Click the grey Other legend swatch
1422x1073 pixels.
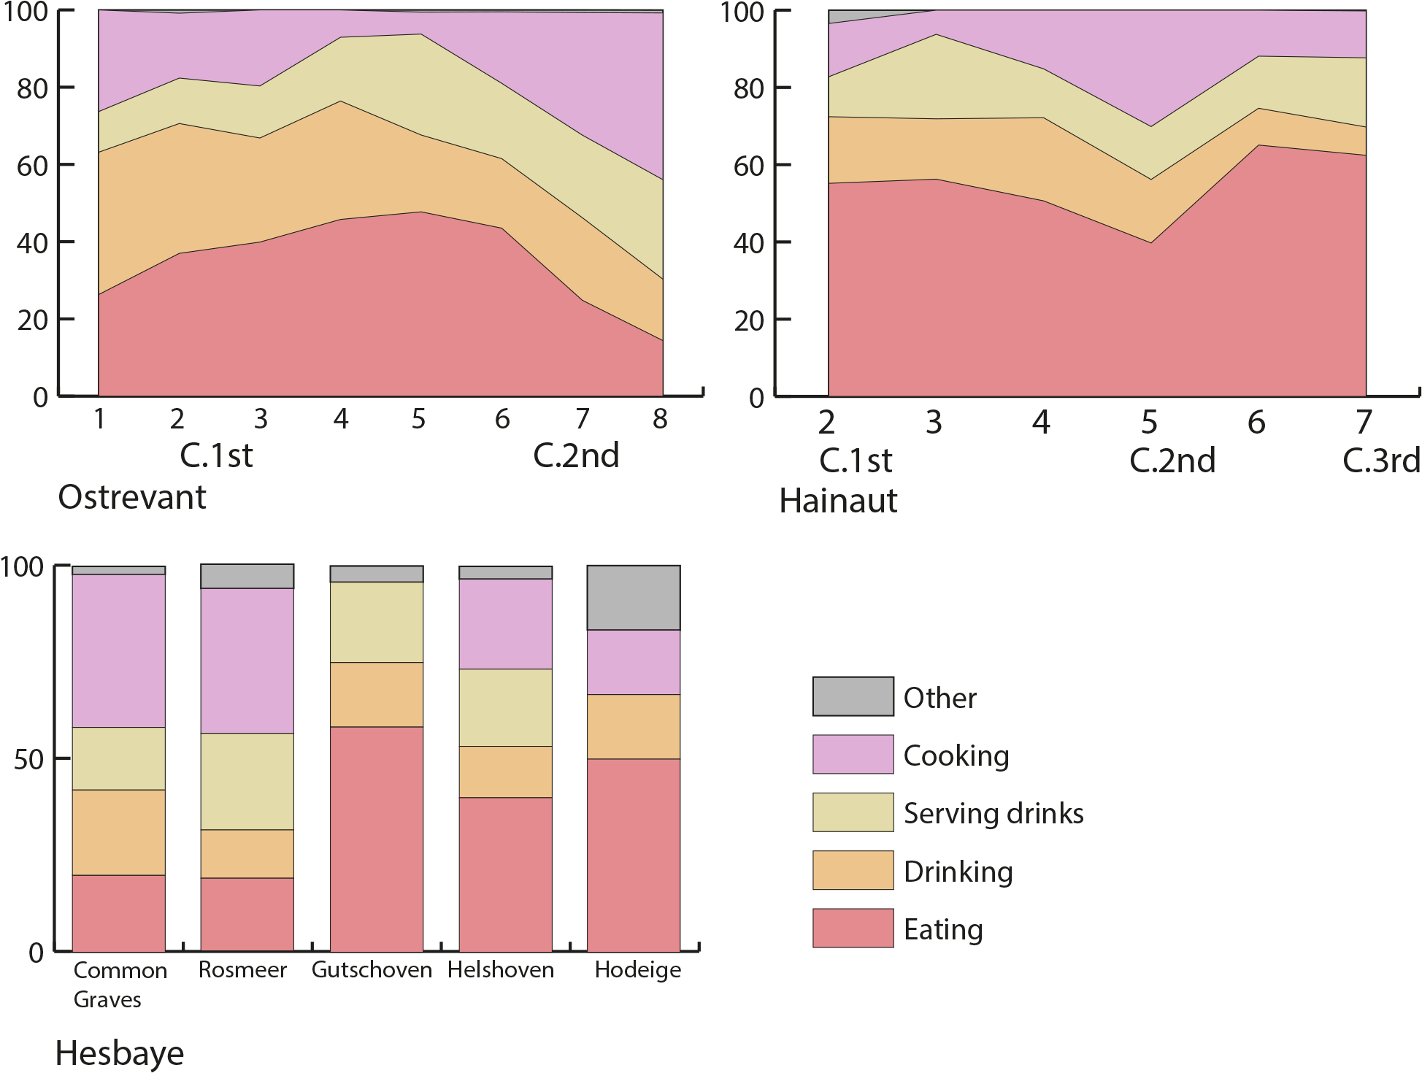point(853,696)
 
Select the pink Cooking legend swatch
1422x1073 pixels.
point(853,754)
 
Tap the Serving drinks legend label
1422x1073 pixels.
point(993,813)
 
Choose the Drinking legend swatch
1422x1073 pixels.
point(853,870)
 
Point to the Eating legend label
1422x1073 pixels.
point(943,929)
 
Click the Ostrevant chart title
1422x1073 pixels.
point(132,498)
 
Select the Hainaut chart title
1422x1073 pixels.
point(838,501)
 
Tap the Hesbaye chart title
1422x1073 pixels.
point(120,1053)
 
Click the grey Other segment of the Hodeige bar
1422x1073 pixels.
point(634,598)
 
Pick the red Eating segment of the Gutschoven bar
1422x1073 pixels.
point(377,839)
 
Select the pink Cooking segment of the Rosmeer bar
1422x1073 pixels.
point(247,661)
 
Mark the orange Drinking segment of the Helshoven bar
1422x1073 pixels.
point(505,772)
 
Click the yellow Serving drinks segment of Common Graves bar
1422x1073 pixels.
point(119,758)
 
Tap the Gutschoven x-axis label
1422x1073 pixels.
point(372,970)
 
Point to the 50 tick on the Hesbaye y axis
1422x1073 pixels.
point(29,760)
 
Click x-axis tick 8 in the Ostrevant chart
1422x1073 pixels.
point(660,419)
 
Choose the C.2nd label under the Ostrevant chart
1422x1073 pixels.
point(576,456)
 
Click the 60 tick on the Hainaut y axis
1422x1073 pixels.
point(747,166)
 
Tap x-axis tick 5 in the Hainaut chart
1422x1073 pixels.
point(1149,422)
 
